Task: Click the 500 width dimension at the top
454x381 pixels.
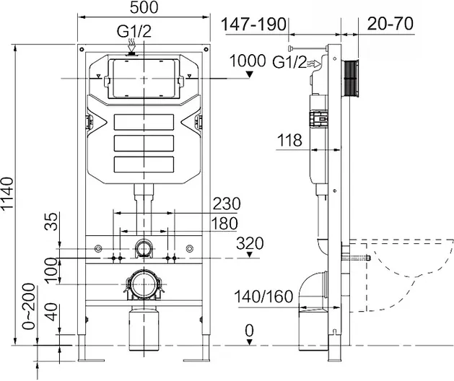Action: click(144, 7)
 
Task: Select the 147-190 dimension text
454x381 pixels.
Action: click(253, 25)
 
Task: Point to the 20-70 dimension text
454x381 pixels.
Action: click(390, 24)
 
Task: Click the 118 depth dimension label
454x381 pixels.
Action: click(289, 141)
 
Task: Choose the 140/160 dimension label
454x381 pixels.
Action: click(263, 297)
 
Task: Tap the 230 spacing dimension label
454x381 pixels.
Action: click(227, 203)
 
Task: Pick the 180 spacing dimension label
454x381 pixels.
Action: click(224, 224)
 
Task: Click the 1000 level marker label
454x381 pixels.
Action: click(248, 61)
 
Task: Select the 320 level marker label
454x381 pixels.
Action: click(250, 243)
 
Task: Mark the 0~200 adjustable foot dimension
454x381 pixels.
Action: click(29, 306)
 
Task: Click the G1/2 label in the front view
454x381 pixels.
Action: click(134, 31)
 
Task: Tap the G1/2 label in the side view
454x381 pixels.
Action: click(289, 62)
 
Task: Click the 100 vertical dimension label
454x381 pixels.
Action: click(51, 271)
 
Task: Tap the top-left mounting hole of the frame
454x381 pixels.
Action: click(82, 49)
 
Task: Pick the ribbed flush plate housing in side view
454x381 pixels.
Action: click(350, 78)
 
